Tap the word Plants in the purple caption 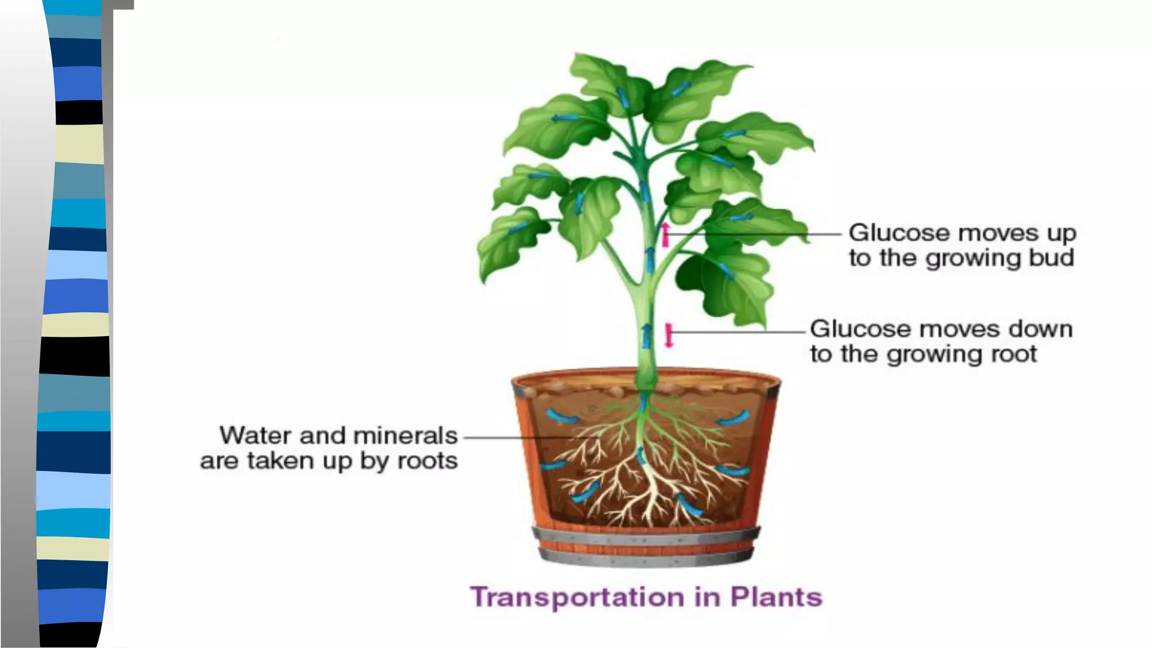click(776, 597)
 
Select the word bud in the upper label click(1055, 258)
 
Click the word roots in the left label click(427, 461)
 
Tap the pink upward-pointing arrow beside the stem click(665, 235)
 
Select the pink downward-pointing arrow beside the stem click(669, 335)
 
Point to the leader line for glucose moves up click(754, 234)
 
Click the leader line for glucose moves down click(737, 332)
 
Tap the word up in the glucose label click(1061, 233)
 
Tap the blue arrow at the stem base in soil click(643, 404)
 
